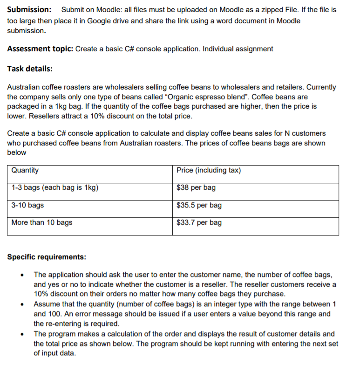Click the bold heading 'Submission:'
(29, 10)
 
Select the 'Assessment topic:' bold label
(40, 49)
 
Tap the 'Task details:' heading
(30, 69)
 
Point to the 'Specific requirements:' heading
(47, 257)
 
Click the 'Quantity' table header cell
(25, 171)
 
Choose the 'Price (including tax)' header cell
(209, 171)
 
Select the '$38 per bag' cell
(196, 188)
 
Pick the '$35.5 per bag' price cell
(199, 205)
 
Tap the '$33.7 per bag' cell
(199, 222)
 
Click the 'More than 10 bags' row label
(42, 222)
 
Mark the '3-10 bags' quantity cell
(28, 205)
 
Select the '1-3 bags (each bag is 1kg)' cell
(55, 188)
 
